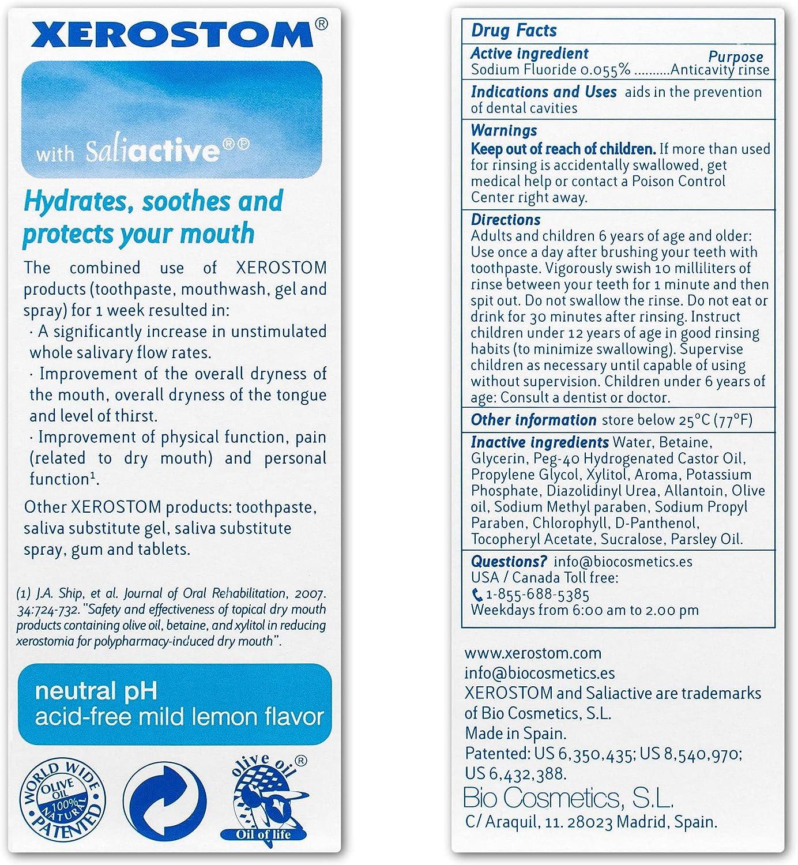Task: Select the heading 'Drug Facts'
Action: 514,31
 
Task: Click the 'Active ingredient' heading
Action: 529,54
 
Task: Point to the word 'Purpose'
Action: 735,57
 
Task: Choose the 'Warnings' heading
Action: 503,130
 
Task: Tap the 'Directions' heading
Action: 505,220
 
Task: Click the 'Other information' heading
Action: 533,420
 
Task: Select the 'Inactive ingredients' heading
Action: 540,442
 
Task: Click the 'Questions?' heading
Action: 509,561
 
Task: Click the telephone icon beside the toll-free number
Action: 477,594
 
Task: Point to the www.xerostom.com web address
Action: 532,653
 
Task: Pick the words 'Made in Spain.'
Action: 515,733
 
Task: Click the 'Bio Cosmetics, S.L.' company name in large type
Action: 568,799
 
